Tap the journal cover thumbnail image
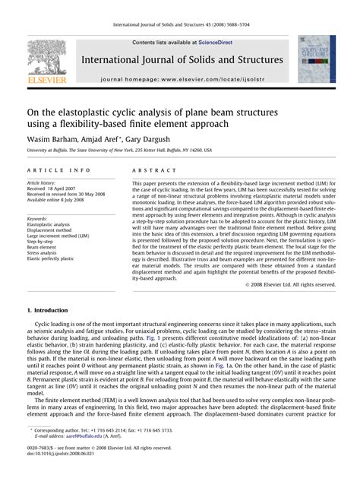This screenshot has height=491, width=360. click(x=316, y=59)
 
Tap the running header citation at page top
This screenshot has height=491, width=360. click(x=180, y=26)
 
